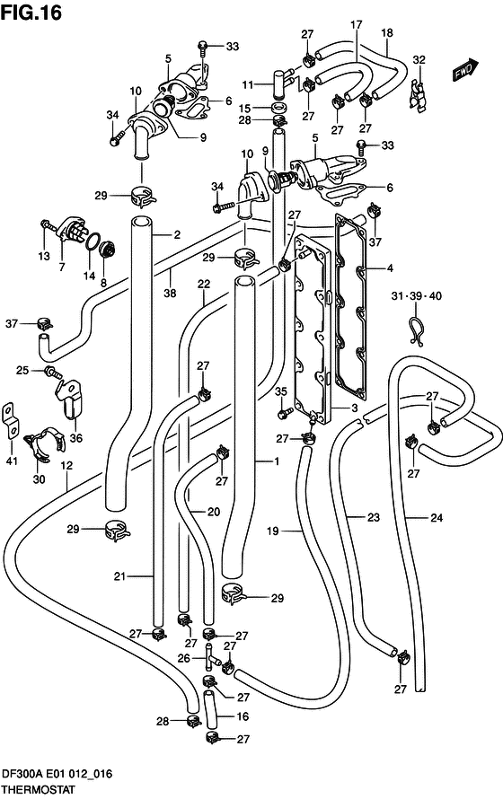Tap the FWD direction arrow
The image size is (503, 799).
tap(463, 70)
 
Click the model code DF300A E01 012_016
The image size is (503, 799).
tap(61, 774)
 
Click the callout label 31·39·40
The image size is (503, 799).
tap(416, 297)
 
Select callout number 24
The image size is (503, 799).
tap(437, 517)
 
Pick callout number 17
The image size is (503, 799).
tap(356, 23)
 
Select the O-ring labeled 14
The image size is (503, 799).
tap(91, 238)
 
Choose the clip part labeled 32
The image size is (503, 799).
tap(417, 94)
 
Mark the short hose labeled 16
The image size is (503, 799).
tap(210, 715)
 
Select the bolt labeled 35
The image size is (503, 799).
tap(285, 413)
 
